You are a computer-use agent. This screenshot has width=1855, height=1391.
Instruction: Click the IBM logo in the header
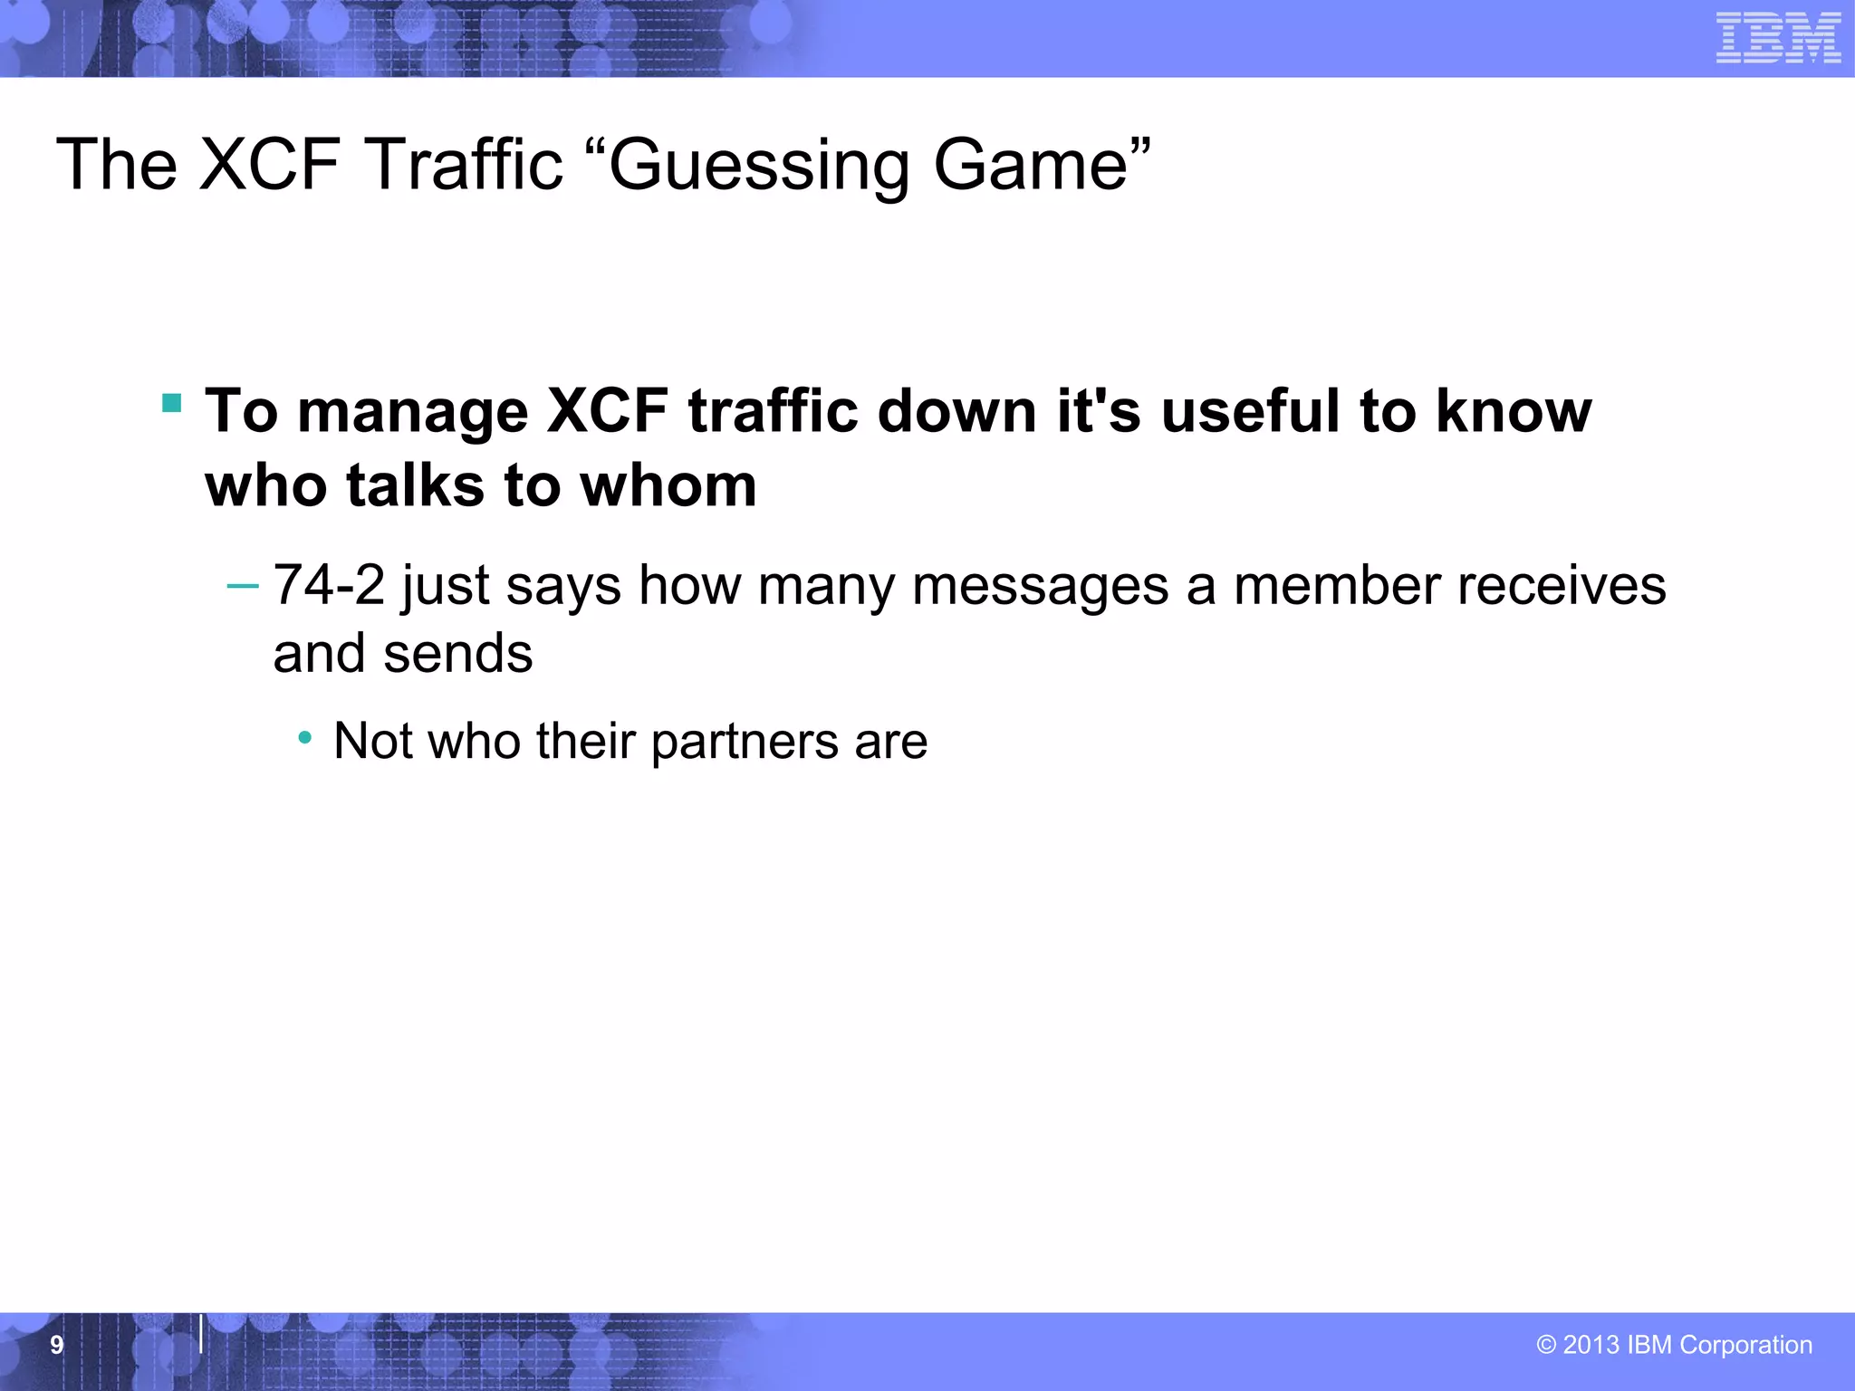[1778, 38]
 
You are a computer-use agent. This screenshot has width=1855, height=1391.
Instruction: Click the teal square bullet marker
[171, 402]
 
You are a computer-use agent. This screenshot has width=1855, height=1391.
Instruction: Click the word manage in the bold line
[412, 413]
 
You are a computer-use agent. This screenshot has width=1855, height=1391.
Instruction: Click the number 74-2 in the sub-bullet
[329, 585]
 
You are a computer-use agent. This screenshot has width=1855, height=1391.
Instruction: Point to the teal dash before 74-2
[242, 586]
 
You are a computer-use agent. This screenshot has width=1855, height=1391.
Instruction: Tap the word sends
[457, 653]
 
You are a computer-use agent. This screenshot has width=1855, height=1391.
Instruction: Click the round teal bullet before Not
[305, 738]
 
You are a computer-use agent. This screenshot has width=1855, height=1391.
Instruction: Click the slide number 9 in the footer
[56, 1345]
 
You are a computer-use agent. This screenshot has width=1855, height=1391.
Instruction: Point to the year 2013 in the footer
[1591, 1345]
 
